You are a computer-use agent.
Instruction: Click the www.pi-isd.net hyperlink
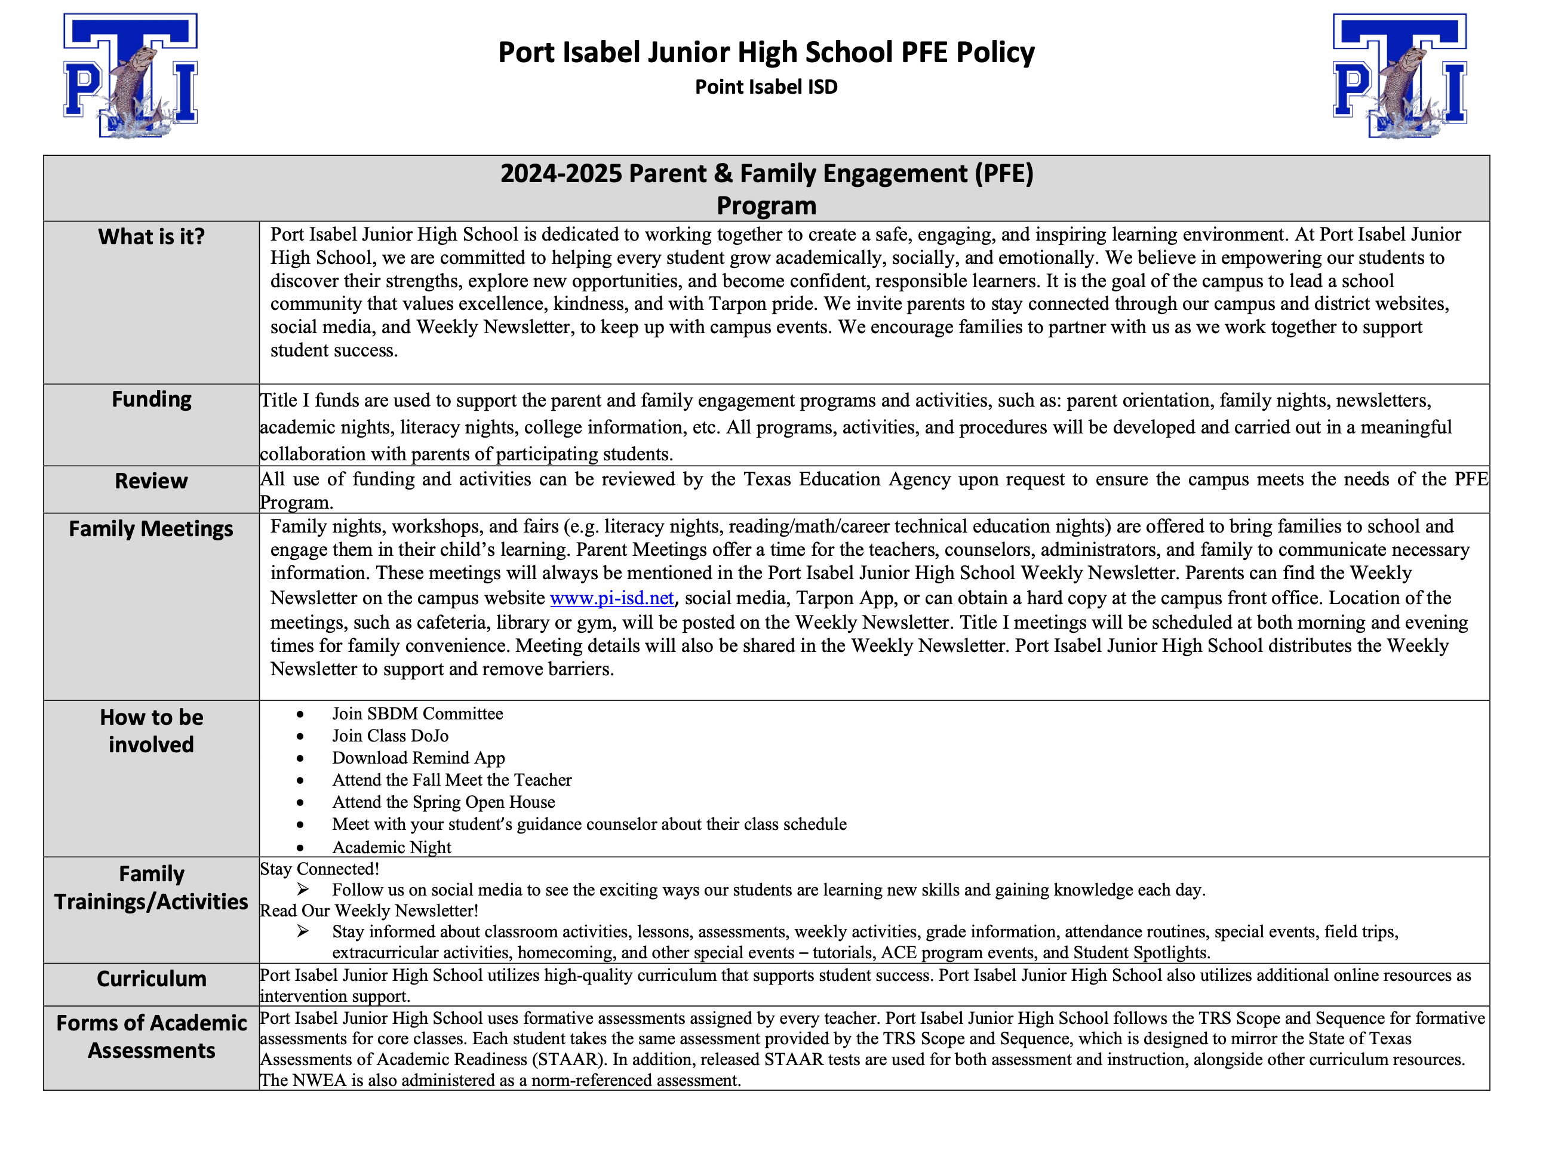coord(611,598)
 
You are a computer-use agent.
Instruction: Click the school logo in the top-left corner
coord(131,75)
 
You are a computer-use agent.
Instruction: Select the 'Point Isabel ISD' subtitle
coord(766,87)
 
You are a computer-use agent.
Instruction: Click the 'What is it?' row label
coord(151,236)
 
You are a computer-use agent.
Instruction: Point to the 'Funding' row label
coord(151,399)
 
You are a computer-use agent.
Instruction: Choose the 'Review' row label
coord(151,481)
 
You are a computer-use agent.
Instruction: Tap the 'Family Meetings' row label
coord(151,528)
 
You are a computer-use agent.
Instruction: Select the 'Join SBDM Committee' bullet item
coord(417,713)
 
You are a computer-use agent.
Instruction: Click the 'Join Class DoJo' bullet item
coord(390,736)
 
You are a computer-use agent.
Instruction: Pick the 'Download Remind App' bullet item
coord(418,758)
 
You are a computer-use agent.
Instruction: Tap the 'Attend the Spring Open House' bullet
coord(443,802)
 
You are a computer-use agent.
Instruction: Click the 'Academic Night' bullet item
coord(392,847)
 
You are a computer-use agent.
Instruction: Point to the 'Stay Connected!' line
coord(319,869)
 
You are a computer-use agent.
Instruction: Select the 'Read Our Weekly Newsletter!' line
coord(369,911)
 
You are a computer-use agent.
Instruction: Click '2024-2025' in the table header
coord(551,174)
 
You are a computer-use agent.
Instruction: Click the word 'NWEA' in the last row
coord(319,1081)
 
